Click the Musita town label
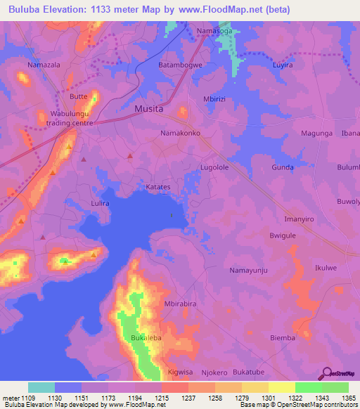148,109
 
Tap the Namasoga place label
214,31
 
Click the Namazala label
44,65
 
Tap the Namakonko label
181,133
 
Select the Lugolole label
214,167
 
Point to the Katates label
158,188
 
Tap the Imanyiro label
299,219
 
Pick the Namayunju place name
250,270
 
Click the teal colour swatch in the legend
41,387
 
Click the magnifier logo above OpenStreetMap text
326,372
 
